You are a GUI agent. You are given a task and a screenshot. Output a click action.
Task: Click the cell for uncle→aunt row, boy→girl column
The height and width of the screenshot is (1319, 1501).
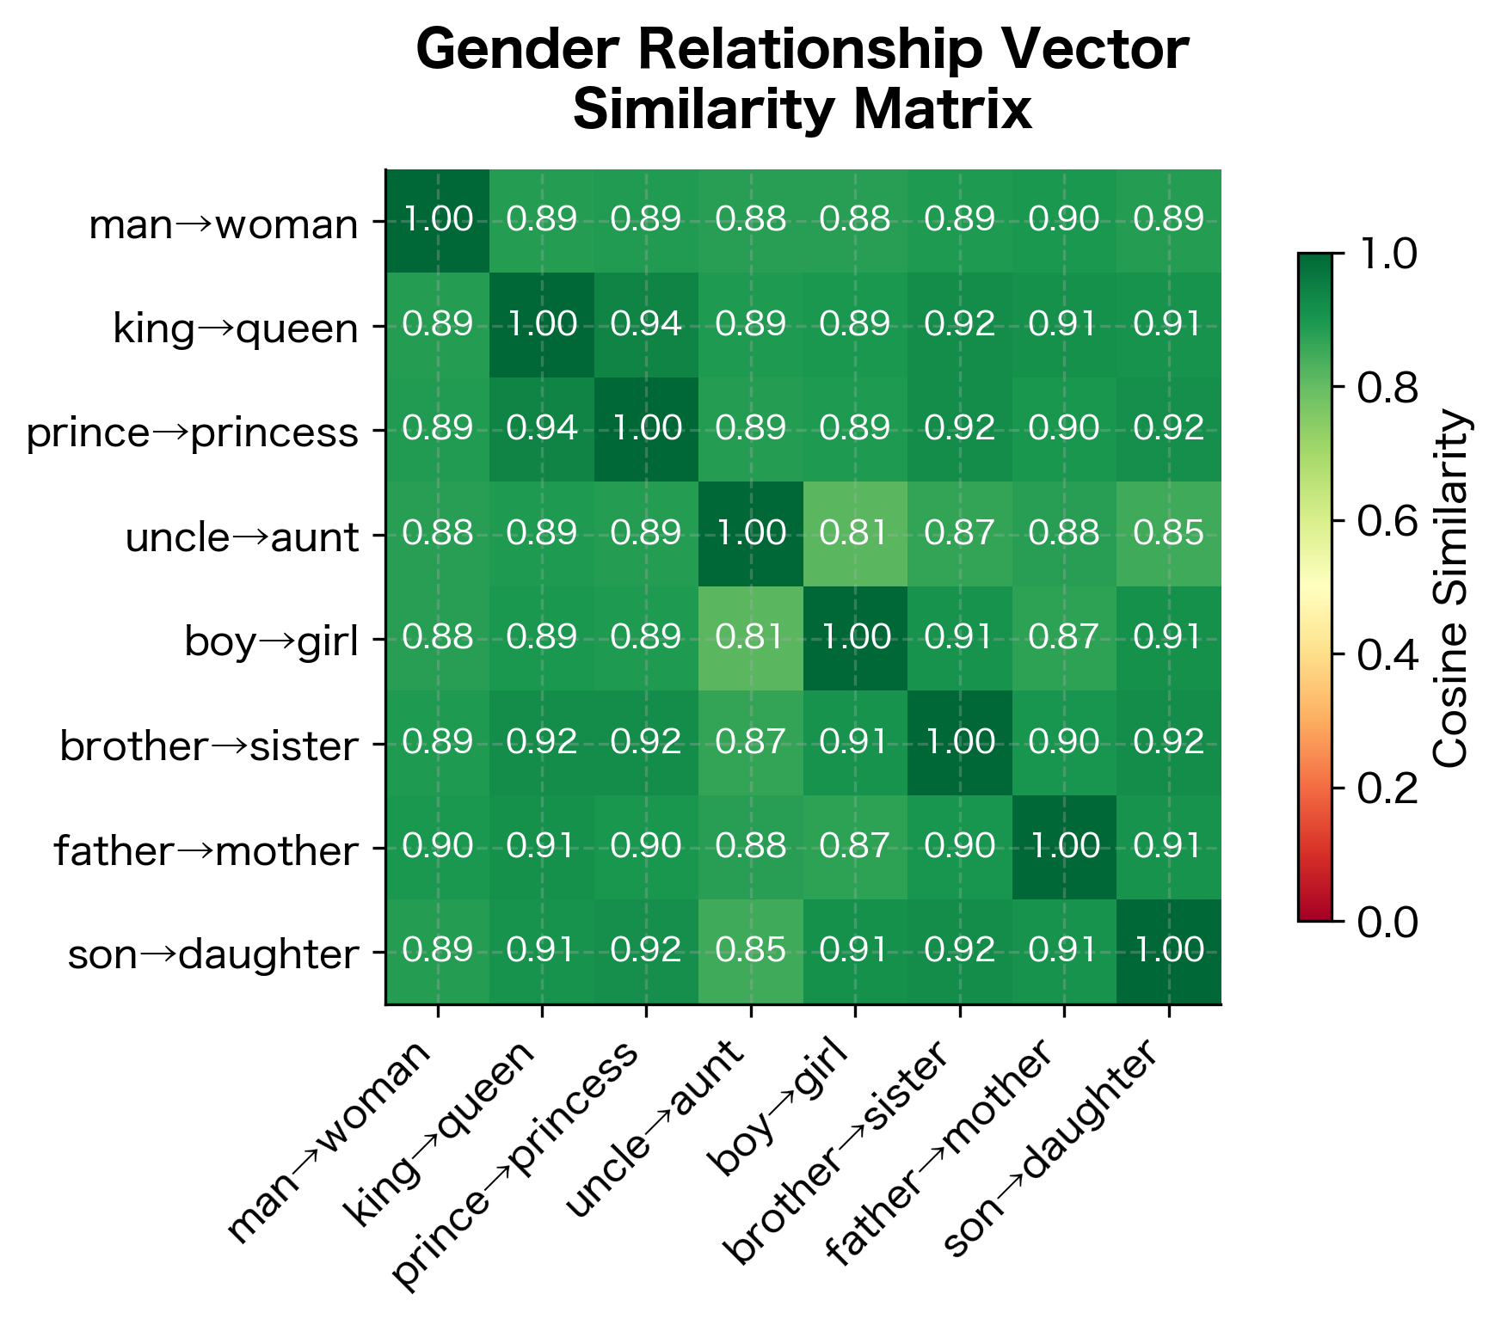855,534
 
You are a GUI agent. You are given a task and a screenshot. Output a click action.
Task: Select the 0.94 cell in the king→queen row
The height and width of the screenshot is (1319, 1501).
646,325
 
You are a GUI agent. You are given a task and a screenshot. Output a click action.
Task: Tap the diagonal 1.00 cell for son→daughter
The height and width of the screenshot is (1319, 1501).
1168,951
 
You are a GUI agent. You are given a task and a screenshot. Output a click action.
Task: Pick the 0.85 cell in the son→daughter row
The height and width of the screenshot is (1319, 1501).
751,951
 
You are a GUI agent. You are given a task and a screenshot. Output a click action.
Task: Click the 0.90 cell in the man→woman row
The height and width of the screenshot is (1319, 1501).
1064,220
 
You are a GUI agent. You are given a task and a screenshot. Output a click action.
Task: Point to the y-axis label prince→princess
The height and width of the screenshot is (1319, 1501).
192,433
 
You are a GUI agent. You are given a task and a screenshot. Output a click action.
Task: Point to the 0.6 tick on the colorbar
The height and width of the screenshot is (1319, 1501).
1387,521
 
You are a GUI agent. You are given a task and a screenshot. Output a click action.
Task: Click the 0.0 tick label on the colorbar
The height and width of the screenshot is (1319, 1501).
1387,922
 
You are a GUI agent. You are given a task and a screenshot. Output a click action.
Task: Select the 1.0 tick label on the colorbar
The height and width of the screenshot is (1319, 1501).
1387,255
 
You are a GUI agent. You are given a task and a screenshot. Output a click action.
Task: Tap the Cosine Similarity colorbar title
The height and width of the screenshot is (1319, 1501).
1453,588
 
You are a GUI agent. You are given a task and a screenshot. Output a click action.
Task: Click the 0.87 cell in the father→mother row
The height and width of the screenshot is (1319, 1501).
855,847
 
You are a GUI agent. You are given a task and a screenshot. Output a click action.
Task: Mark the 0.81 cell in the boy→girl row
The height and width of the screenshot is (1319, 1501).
751,638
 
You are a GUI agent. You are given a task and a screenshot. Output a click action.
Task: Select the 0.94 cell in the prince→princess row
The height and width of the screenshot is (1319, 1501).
542,429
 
